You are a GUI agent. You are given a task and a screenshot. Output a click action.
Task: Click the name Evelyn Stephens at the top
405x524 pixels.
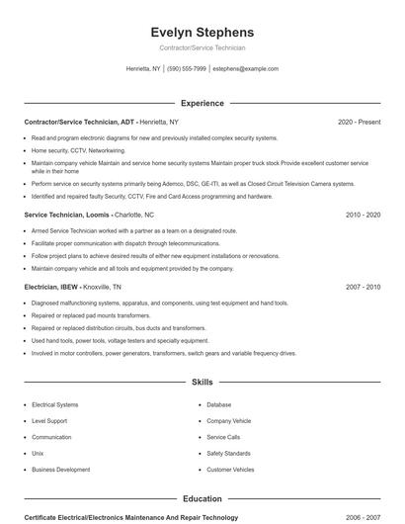(x=202, y=32)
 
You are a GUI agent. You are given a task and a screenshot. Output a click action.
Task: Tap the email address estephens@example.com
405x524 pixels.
(x=245, y=69)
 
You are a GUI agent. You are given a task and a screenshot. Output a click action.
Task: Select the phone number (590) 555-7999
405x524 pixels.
(x=187, y=69)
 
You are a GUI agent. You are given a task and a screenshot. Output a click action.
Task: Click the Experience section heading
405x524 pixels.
(x=202, y=103)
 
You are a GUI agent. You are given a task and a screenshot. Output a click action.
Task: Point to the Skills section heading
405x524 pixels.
(x=202, y=381)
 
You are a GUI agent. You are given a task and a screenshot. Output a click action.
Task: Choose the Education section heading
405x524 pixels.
(x=202, y=499)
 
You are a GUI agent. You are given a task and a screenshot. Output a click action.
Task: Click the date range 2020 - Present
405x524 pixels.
(x=359, y=122)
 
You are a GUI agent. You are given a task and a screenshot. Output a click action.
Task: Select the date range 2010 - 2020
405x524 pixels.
(x=363, y=215)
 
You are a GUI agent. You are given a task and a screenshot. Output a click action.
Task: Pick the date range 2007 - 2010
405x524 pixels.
(x=363, y=287)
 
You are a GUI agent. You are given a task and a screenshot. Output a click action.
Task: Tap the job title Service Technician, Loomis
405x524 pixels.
(x=66, y=215)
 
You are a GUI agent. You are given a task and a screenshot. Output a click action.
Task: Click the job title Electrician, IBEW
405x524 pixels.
(x=51, y=287)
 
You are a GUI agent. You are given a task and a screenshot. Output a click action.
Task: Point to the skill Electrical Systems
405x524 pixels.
(x=55, y=404)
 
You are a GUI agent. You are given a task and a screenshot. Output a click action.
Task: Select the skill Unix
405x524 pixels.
(x=38, y=453)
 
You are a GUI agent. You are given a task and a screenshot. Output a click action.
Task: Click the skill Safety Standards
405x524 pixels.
(x=229, y=453)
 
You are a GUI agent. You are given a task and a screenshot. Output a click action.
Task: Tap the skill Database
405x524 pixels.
(x=218, y=404)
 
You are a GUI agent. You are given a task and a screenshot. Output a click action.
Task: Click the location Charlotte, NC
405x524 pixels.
(x=135, y=215)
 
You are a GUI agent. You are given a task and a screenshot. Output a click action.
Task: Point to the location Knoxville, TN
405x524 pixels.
(x=103, y=287)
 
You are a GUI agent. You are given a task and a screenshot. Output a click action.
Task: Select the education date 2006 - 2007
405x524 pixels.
(x=363, y=517)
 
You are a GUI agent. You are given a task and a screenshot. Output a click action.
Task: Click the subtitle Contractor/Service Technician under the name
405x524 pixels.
(x=202, y=47)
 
